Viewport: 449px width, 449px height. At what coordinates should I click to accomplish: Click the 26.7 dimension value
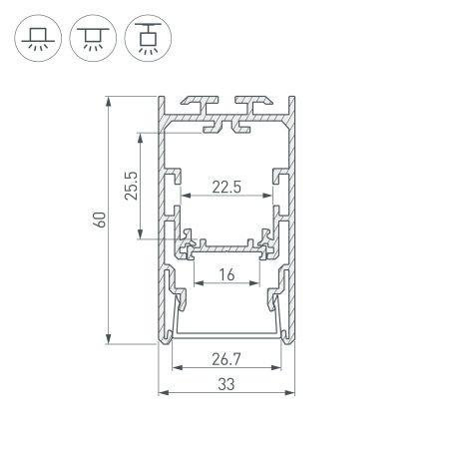[x=228, y=358]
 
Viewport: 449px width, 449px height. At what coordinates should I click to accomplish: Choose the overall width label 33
[x=228, y=380]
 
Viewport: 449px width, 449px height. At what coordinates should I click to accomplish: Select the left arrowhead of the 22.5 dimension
[x=185, y=197]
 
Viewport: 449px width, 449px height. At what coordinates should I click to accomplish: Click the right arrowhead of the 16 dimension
[x=259, y=282]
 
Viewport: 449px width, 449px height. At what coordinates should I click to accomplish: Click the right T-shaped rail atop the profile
[x=254, y=103]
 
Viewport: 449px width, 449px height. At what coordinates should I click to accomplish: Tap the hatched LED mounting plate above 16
[x=228, y=244]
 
